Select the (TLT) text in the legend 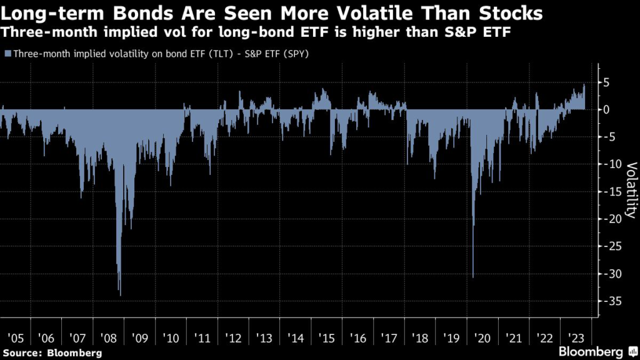pyautogui.click(x=206, y=54)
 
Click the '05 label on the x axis pyautogui.click(x=15, y=338)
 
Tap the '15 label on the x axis pyautogui.click(x=326, y=338)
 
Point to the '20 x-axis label pyautogui.click(x=482, y=338)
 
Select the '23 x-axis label pyautogui.click(x=576, y=338)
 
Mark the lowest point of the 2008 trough pyautogui.click(x=120, y=295)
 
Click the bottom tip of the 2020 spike pyautogui.click(x=473, y=277)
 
